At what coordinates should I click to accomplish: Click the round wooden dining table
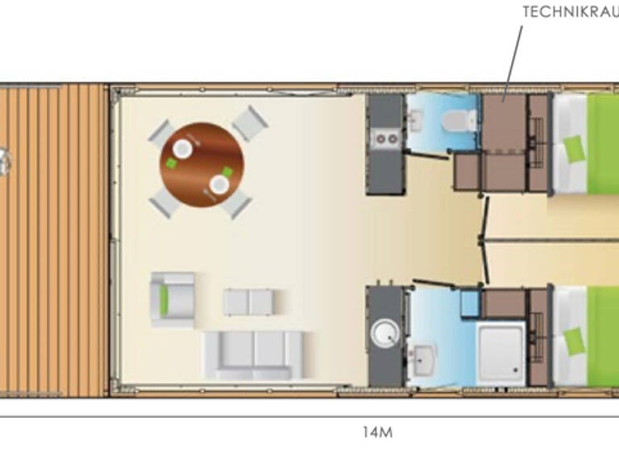201,165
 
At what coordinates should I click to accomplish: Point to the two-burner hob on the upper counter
384,139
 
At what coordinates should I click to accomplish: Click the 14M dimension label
377,432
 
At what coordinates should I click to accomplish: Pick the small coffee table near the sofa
249,302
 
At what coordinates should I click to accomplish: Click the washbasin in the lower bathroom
422,355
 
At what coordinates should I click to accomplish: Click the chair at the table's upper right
250,122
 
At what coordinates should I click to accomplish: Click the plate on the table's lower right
219,184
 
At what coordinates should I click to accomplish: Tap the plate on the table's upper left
183,148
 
